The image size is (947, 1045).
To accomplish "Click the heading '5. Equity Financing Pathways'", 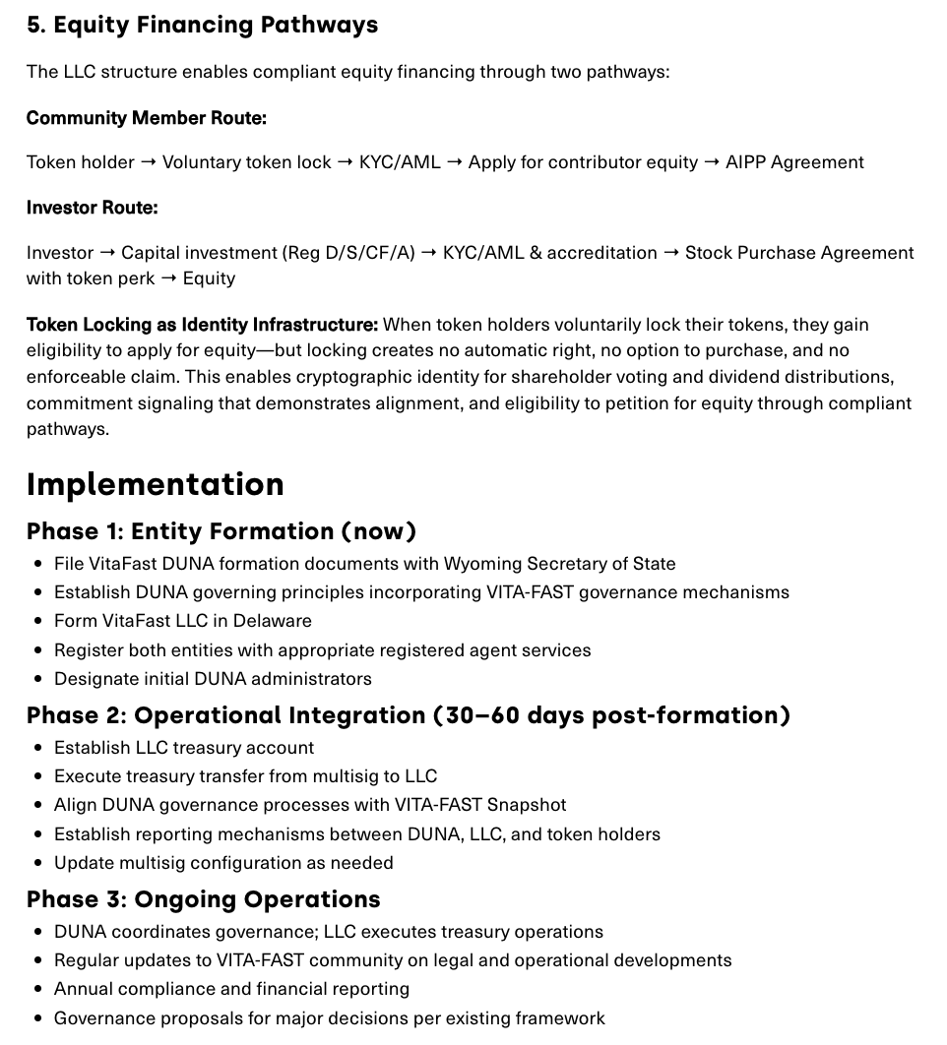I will (x=202, y=25).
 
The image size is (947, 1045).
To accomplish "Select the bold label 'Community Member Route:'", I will (x=146, y=118).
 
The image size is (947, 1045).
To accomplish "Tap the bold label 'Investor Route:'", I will (x=92, y=208).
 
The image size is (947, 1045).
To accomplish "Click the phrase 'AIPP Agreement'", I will (x=794, y=162).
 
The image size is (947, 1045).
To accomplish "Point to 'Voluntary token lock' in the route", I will (x=246, y=162).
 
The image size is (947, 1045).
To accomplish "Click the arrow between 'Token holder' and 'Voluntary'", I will (x=149, y=162).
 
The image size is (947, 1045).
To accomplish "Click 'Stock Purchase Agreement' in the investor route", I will (x=799, y=253).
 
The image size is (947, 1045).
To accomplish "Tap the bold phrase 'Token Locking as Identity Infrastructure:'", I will (x=202, y=325).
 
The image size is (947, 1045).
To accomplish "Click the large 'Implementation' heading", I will (x=155, y=484).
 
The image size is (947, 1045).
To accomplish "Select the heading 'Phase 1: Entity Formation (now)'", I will (x=221, y=531).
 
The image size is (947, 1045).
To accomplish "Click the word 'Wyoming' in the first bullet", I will (x=482, y=564).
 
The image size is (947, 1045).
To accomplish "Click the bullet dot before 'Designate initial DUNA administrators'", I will (x=38, y=679).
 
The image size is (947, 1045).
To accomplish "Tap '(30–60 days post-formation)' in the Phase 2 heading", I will (x=611, y=715).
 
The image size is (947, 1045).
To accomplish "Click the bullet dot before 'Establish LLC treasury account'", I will (x=38, y=748).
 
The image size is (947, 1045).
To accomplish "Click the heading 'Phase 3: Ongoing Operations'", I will (x=203, y=899).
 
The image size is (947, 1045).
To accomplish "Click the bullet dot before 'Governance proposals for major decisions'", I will (x=38, y=1018).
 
